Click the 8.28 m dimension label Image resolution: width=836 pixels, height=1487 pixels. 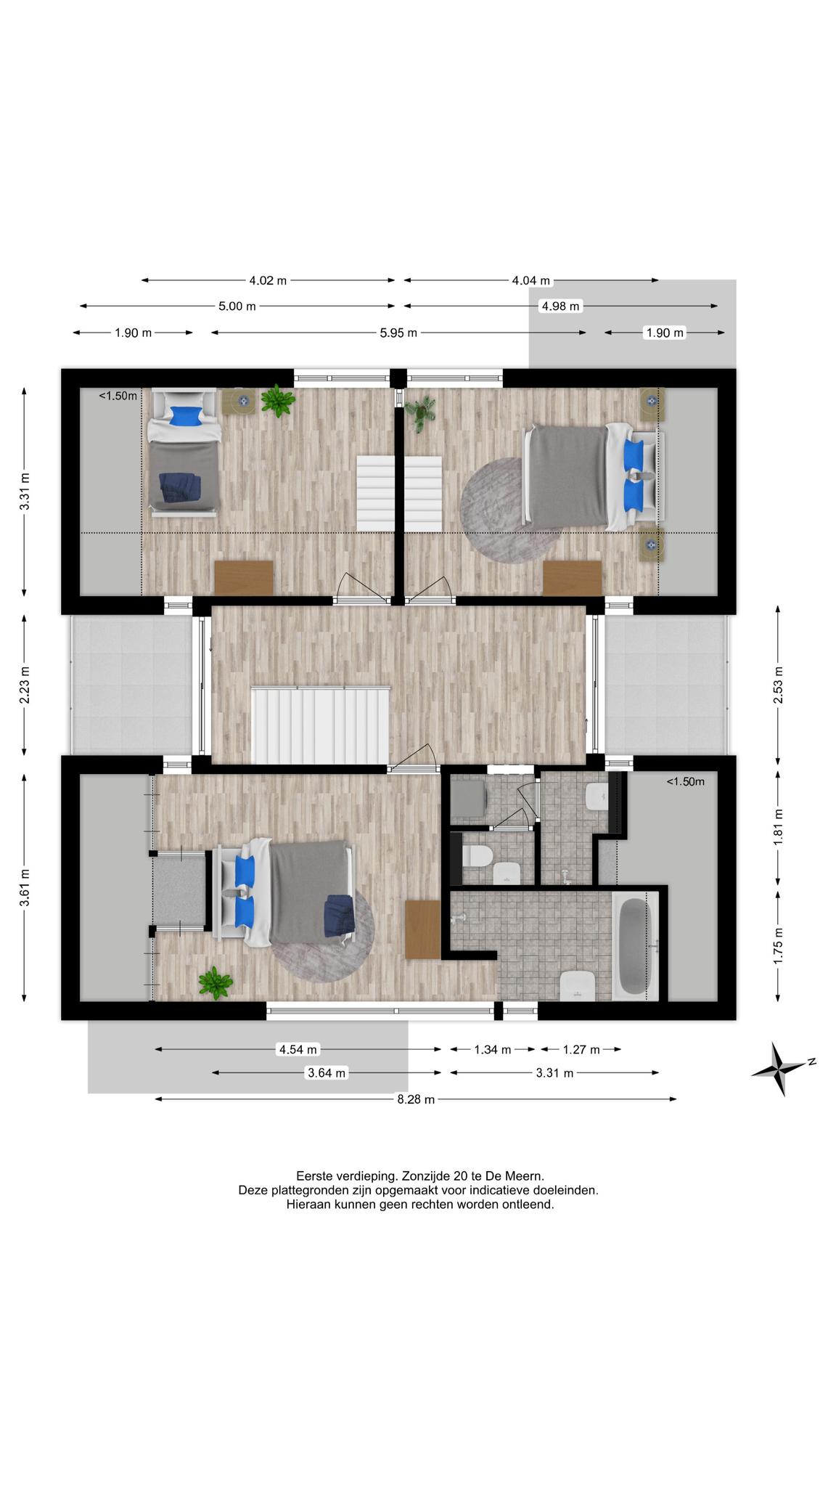(x=416, y=1099)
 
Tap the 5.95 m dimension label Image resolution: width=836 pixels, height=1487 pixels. (x=398, y=333)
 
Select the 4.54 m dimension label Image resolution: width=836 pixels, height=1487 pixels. (x=298, y=1049)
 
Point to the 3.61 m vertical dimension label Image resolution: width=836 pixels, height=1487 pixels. (x=25, y=887)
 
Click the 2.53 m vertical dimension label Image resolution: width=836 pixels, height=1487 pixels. (x=779, y=685)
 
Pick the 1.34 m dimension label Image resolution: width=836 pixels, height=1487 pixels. (x=493, y=1049)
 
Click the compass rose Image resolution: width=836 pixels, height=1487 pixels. (x=781, y=1068)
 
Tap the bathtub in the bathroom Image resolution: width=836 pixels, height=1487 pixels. (x=635, y=946)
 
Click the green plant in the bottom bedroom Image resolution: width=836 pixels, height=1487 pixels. (x=216, y=983)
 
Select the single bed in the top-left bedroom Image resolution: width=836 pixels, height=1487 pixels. (x=184, y=452)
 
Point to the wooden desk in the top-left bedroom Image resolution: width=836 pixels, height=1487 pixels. (x=244, y=578)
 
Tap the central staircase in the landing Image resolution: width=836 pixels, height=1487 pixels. (x=321, y=725)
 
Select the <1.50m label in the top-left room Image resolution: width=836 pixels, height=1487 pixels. (x=118, y=396)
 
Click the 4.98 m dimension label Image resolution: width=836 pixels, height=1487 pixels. (x=560, y=306)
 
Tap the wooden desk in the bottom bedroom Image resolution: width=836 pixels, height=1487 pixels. (x=423, y=929)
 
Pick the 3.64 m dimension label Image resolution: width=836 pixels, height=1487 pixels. (x=327, y=1073)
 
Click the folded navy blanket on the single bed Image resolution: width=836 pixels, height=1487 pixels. (x=180, y=486)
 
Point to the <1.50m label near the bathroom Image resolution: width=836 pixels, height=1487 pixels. (x=686, y=782)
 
